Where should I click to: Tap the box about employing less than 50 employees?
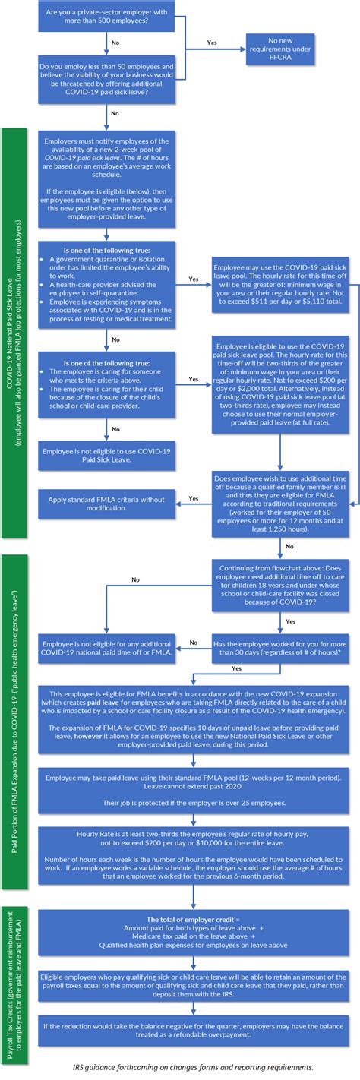(108, 81)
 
